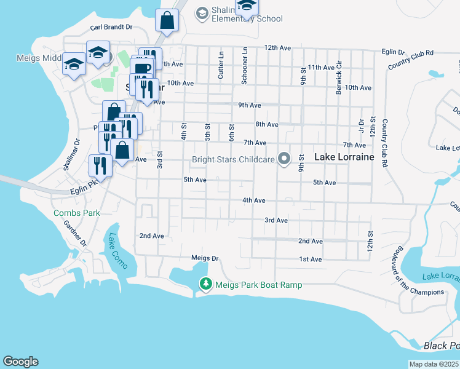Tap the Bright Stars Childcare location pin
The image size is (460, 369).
[x=284, y=159]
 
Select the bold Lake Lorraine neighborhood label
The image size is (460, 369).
[x=344, y=157]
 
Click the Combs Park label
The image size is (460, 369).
[x=76, y=213]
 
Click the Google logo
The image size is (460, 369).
[x=20, y=362]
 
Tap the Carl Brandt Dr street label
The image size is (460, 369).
[x=111, y=27]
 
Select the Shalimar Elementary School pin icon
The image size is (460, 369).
[x=202, y=13]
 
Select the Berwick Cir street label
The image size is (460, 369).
[x=338, y=81]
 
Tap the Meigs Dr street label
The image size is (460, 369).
[x=205, y=258]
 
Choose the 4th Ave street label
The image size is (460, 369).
[x=253, y=200]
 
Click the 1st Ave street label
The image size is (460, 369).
[x=311, y=260]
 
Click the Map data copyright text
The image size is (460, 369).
[x=434, y=364]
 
